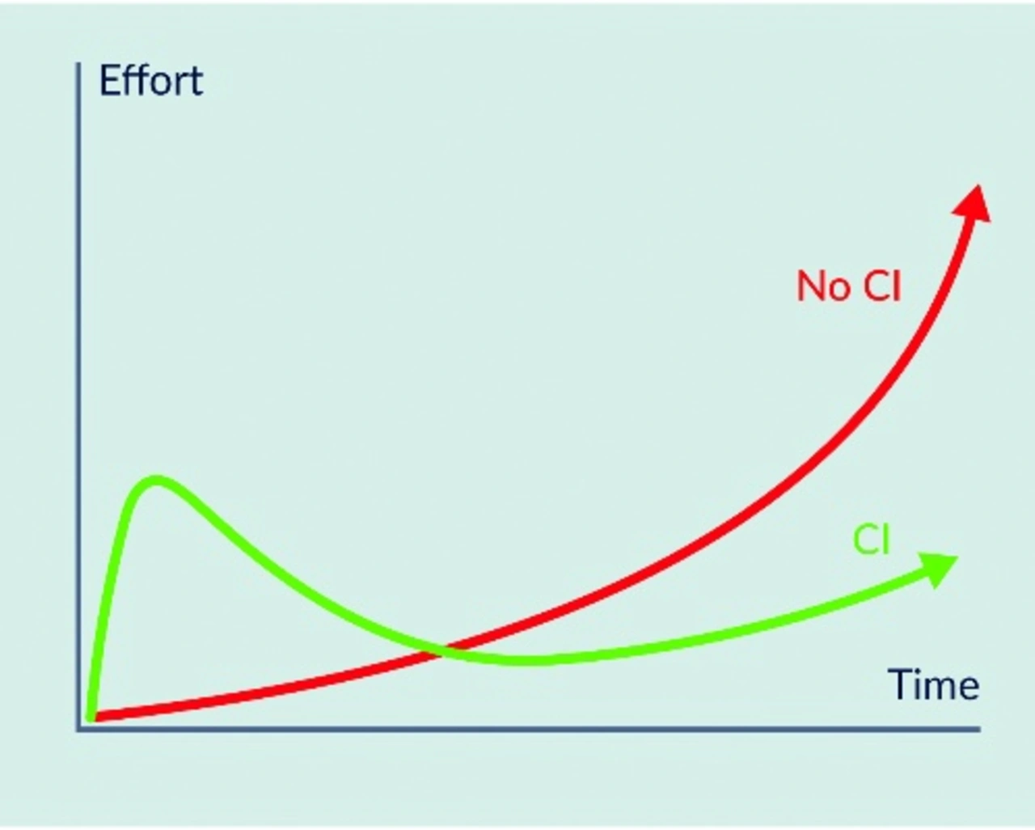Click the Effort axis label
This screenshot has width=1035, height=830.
pyautogui.click(x=150, y=82)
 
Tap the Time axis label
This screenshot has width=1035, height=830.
pyautogui.click(x=933, y=685)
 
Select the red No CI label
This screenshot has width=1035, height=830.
pyautogui.click(x=848, y=286)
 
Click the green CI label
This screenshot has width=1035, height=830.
pyautogui.click(x=872, y=540)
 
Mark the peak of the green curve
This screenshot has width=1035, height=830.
pyautogui.click(x=156, y=481)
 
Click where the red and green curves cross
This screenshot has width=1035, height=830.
pyautogui.click(x=441, y=649)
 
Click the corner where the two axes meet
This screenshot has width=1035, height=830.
pyautogui.click(x=79, y=730)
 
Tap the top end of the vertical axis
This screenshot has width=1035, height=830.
pyautogui.click(x=79, y=65)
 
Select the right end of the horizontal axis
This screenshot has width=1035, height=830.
pyautogui.click(x=978, y=730)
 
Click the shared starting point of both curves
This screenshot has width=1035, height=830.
pyautogui.click(x=91, y=716)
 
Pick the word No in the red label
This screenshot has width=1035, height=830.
pyautogui.click(x=822, y=286)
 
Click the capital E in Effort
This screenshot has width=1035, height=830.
pyautogui.click(x=109, y=82)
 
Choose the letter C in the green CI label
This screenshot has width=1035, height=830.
pyautogui.click(x=865, y=540)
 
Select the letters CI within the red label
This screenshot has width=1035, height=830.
pyautogui.click(x=881, y=286)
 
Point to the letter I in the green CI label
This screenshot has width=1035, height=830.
pyautogui.click(x=886, y=540)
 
